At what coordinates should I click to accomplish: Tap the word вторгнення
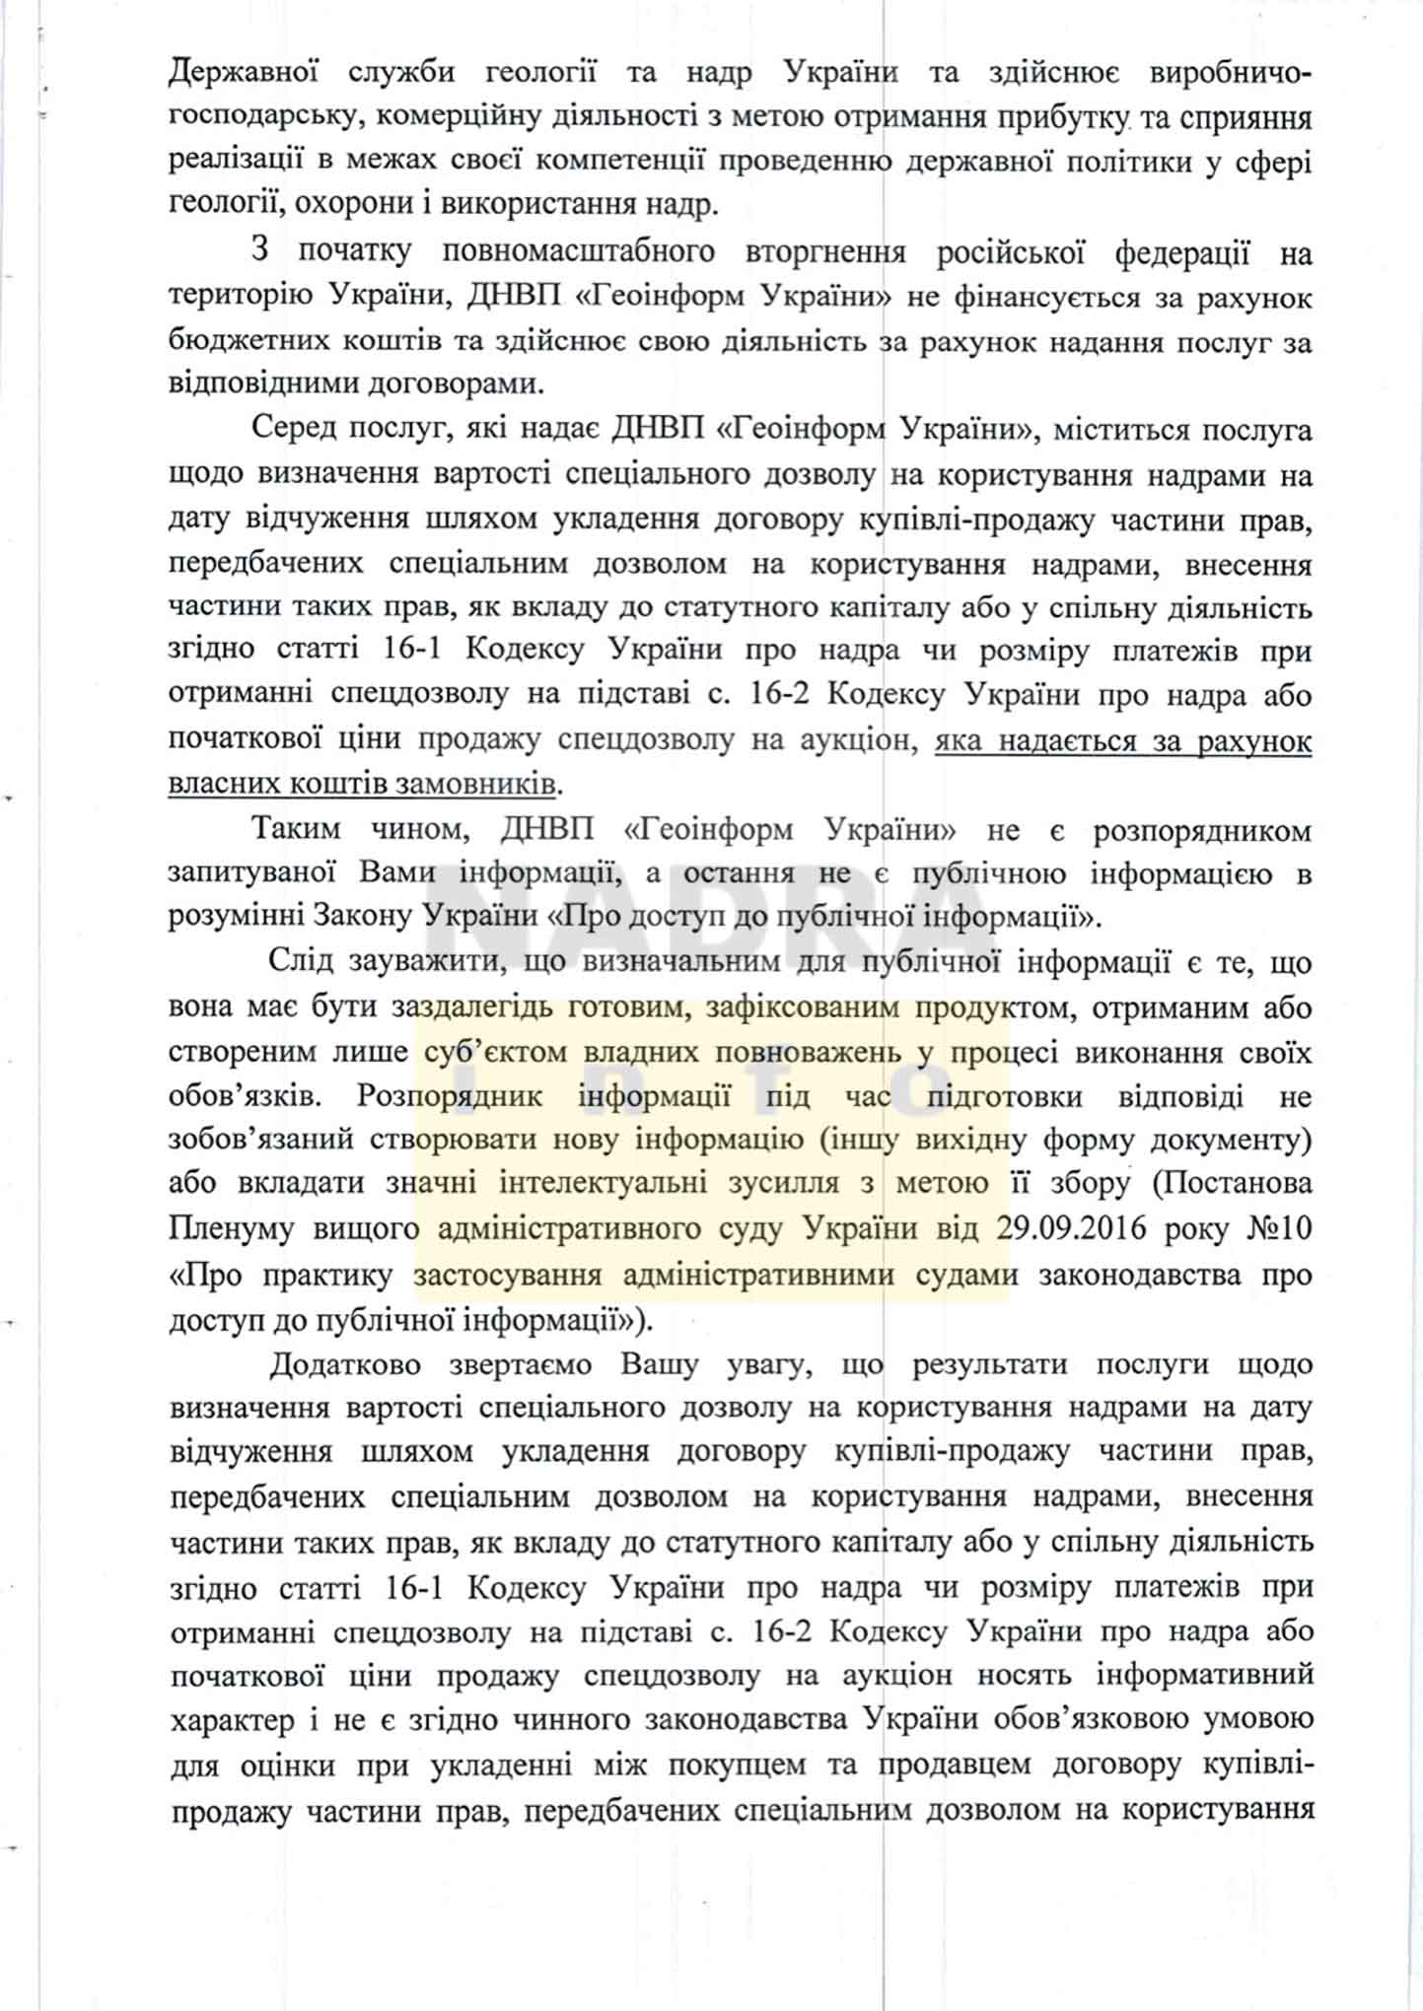(824, 251)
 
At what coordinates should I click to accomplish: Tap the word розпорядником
(1202, 829)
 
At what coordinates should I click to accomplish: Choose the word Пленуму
(231, 1229)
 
